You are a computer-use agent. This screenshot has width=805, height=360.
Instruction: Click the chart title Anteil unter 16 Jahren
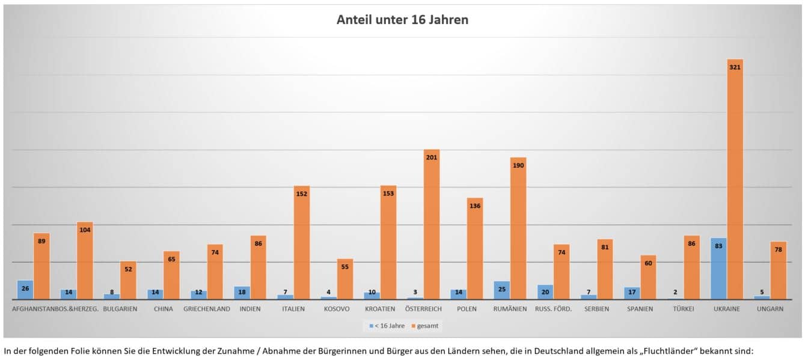tap(402, 20)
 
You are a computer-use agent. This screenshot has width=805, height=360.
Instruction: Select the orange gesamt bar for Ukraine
tap(735, 180)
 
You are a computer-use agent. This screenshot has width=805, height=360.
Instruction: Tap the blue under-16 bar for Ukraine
tap(718, 269)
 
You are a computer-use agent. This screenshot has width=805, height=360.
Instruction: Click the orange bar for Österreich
tap(431, 225)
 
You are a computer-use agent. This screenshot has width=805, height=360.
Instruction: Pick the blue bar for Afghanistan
tap(25, 290)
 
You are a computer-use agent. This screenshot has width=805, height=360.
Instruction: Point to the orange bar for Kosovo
tap(344, 280)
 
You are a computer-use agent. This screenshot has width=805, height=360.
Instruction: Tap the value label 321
tap(735, 67)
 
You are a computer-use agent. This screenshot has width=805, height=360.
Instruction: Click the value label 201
tap(431, 157)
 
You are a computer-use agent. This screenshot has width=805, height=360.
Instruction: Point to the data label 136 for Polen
tap(475, 206)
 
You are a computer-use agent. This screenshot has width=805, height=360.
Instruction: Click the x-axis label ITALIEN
tap(293, 310)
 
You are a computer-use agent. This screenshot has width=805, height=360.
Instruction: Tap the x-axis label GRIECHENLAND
tap(207, 310)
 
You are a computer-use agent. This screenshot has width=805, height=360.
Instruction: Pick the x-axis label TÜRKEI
tap(683, 310)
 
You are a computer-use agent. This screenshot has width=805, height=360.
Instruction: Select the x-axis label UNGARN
tap(770, 310)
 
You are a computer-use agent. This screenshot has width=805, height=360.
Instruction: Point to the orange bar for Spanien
tap(648, 278)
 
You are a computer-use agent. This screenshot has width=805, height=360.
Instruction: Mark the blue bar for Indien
tap(242, 293)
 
